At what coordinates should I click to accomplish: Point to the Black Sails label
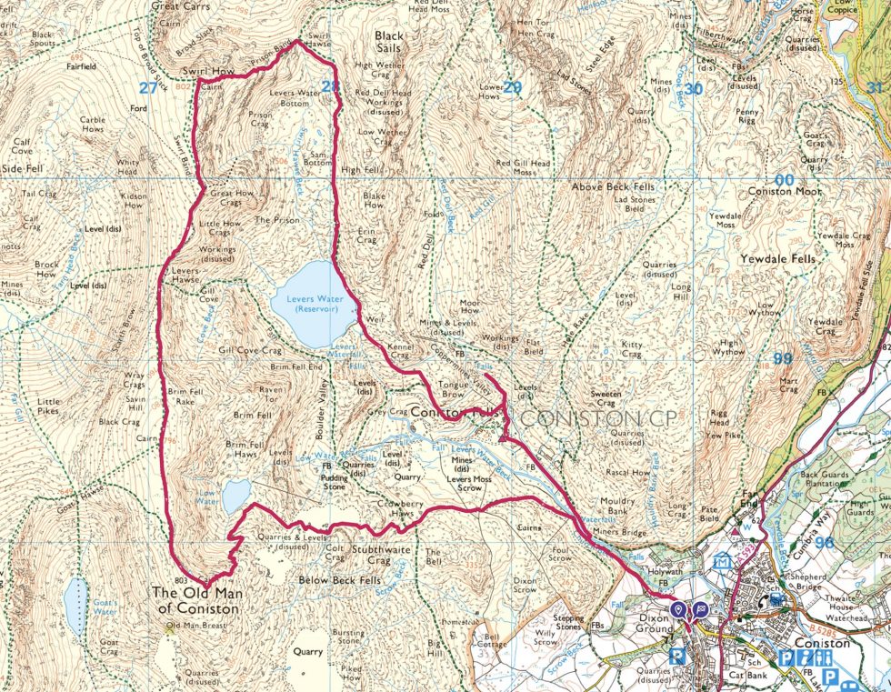pyautogui.click(x=390, y=43)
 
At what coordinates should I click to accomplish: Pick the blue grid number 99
pyautogui.click(x=782, y=358)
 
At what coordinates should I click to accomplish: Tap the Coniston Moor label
pyautogui.click(x=785, y=192)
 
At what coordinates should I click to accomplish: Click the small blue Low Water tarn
pyautogui.click(x=235, y=496)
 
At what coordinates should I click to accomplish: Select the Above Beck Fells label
pyautogui.click(x=613, y=186)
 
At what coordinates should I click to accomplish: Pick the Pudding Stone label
pyautogui.click(x=336, y=479)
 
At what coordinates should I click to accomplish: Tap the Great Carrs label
pyautogui.click(x=180, y=5)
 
